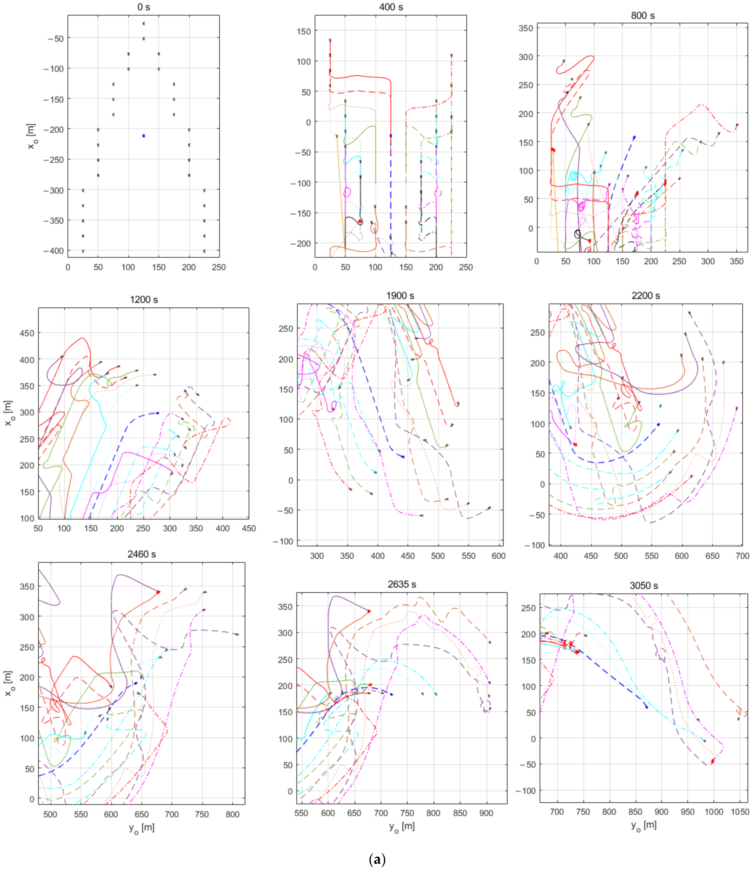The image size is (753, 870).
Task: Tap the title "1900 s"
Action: pyautogui.click(x=400, y=296)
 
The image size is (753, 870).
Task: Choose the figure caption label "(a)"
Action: pyautogui.click(x=376, y=859)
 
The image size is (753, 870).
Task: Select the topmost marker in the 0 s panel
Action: pyautogui.click(x=144, y=24)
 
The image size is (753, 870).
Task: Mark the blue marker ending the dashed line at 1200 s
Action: pyautogui.click(x=158, y=413)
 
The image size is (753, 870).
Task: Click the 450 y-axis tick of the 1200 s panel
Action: pyautogui.click(x=27, y=333)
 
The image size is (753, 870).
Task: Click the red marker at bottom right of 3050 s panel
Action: pyautogui.click(x=712, y=761)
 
